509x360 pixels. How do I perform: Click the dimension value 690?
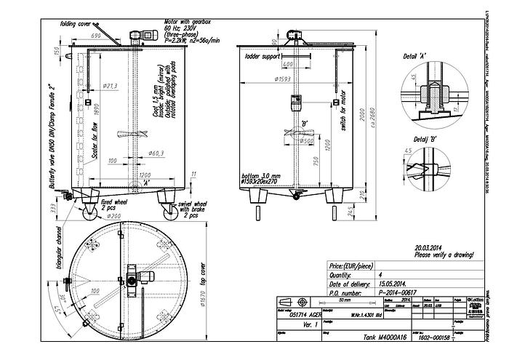point(95,36)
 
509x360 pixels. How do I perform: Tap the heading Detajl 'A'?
point(415,56)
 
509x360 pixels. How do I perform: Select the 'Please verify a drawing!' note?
point(444,255)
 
